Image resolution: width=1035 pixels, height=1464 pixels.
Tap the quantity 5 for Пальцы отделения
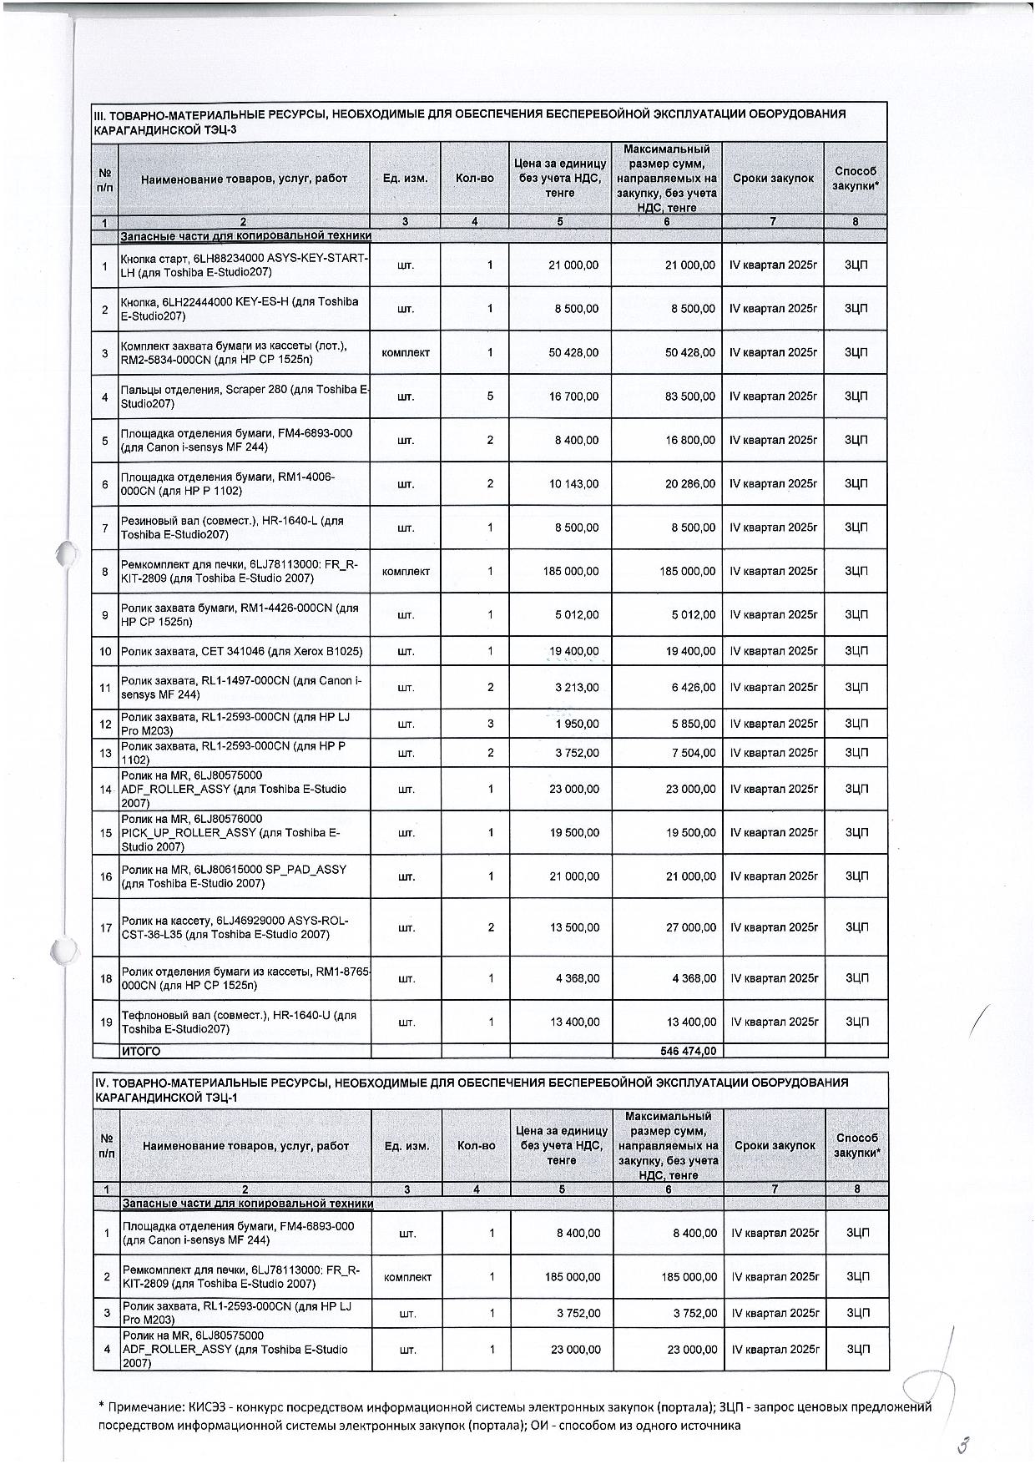point(490,396)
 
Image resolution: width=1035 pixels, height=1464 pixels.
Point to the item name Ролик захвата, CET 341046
point(241,651)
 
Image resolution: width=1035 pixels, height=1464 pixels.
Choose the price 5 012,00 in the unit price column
point(577,615)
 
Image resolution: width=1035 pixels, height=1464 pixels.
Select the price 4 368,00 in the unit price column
point(577,978)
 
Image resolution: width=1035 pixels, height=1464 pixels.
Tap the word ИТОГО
point(141,1051)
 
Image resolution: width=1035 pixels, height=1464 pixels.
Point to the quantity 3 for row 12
point(490,724)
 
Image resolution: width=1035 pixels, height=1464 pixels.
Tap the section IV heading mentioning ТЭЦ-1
point(472,1090)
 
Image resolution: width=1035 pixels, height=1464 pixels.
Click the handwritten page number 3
point(967,1445)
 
